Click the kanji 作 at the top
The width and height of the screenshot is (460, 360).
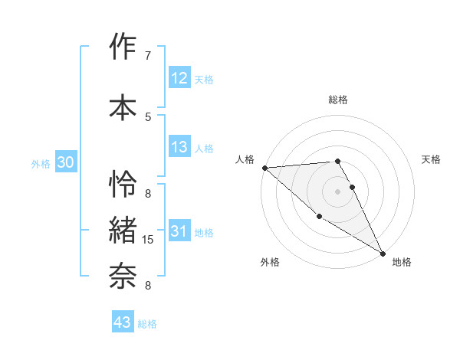coord(123,48)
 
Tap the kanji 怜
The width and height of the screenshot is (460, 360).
coord(123,185)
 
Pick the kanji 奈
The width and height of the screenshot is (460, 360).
coord(123,272)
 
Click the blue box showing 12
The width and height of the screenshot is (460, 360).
coord(179,78)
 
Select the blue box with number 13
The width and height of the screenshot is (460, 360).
coord(179,147)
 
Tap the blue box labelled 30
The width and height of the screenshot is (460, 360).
coord(65,162)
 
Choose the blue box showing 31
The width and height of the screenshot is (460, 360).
coord(179,231)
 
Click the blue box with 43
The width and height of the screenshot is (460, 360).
coord(122,322)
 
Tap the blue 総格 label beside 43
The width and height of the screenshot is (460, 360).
coord(147,324)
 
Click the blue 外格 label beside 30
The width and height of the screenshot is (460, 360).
coord(41,164)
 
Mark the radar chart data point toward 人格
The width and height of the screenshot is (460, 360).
coord(264,168)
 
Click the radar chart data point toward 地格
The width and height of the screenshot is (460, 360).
coord(383,253)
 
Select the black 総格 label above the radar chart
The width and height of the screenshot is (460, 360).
coord(337,100)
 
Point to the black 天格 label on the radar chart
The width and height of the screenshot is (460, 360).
coord(431,159)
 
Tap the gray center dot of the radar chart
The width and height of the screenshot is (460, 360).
coord(337,191)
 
